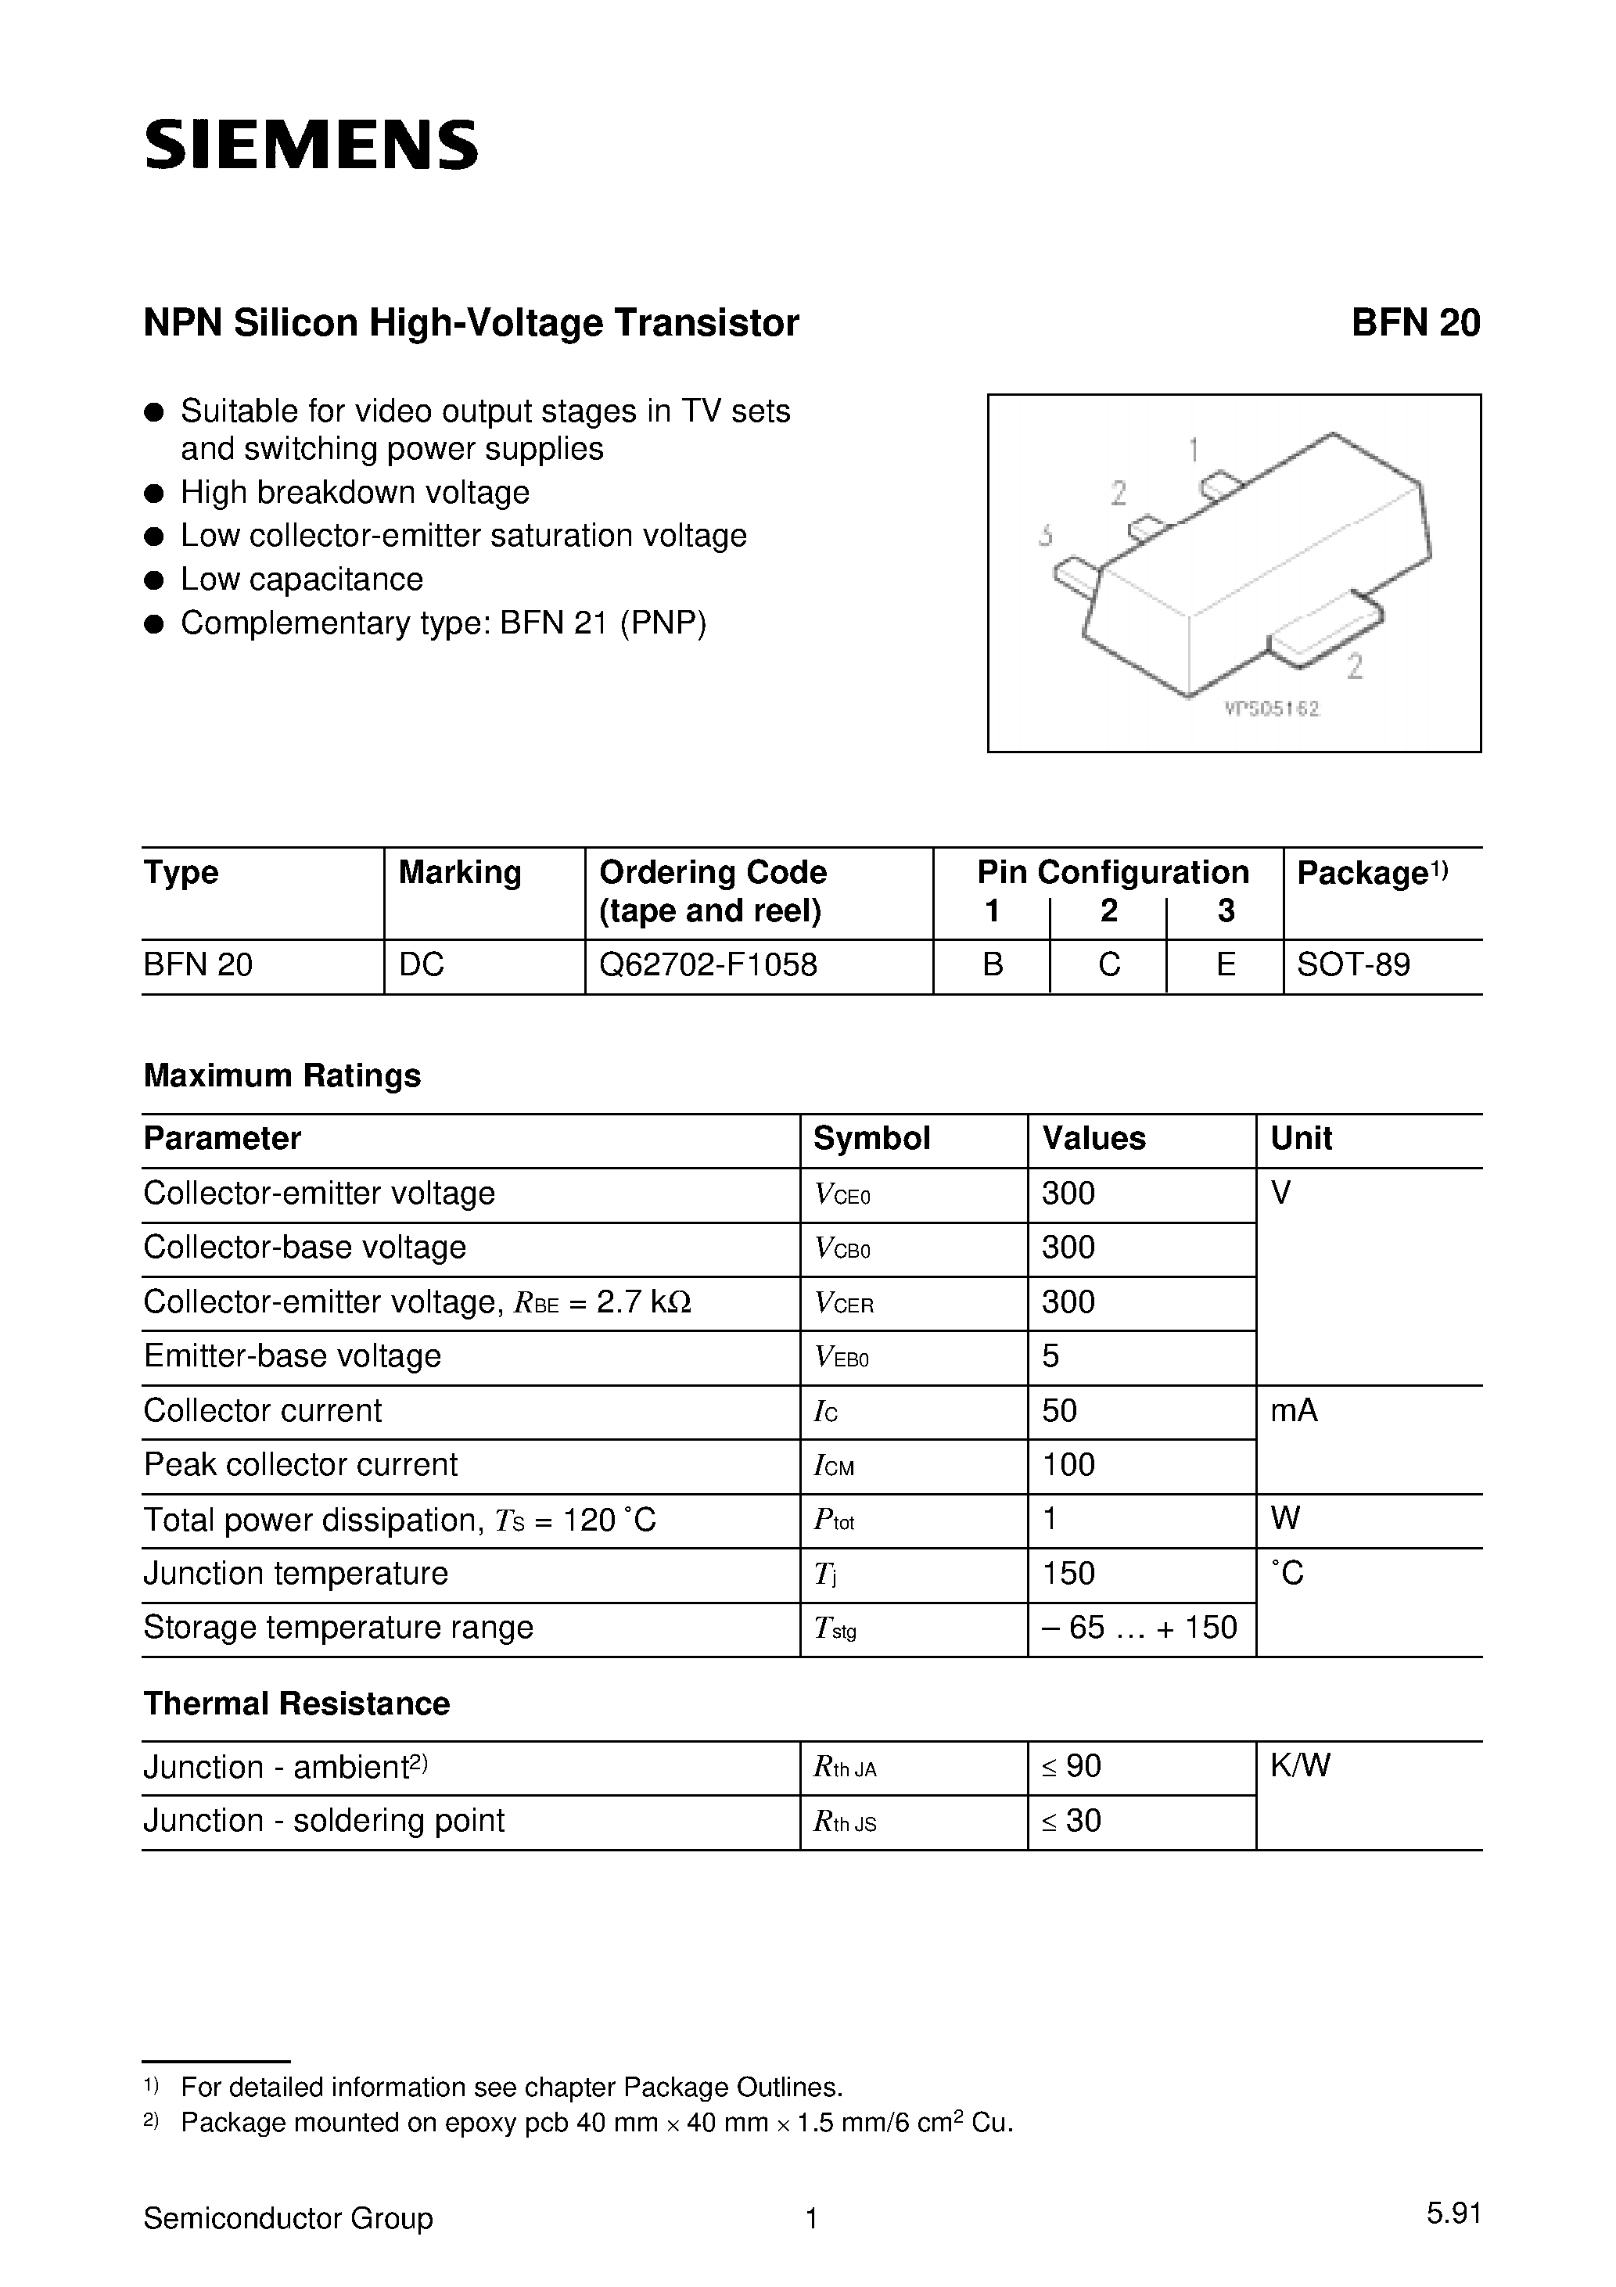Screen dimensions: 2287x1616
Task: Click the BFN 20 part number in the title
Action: point(1415,323)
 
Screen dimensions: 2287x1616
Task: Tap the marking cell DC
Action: point(422,964)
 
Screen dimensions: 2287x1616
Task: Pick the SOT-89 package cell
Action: point(1353,964)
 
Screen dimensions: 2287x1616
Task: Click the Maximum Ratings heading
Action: point(282,1075)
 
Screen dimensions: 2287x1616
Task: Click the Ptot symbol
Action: point(834,1520)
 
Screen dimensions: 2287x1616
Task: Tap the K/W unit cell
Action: point(1300,1766)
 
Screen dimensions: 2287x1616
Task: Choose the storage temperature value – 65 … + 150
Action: point(1139,1628)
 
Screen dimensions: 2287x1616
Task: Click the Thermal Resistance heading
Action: point(296,1704)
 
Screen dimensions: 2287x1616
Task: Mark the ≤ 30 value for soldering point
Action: point(1071,1821)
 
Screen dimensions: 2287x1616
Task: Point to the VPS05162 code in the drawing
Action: point(1273,709)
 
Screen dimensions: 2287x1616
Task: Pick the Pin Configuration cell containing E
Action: point(1226,964)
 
